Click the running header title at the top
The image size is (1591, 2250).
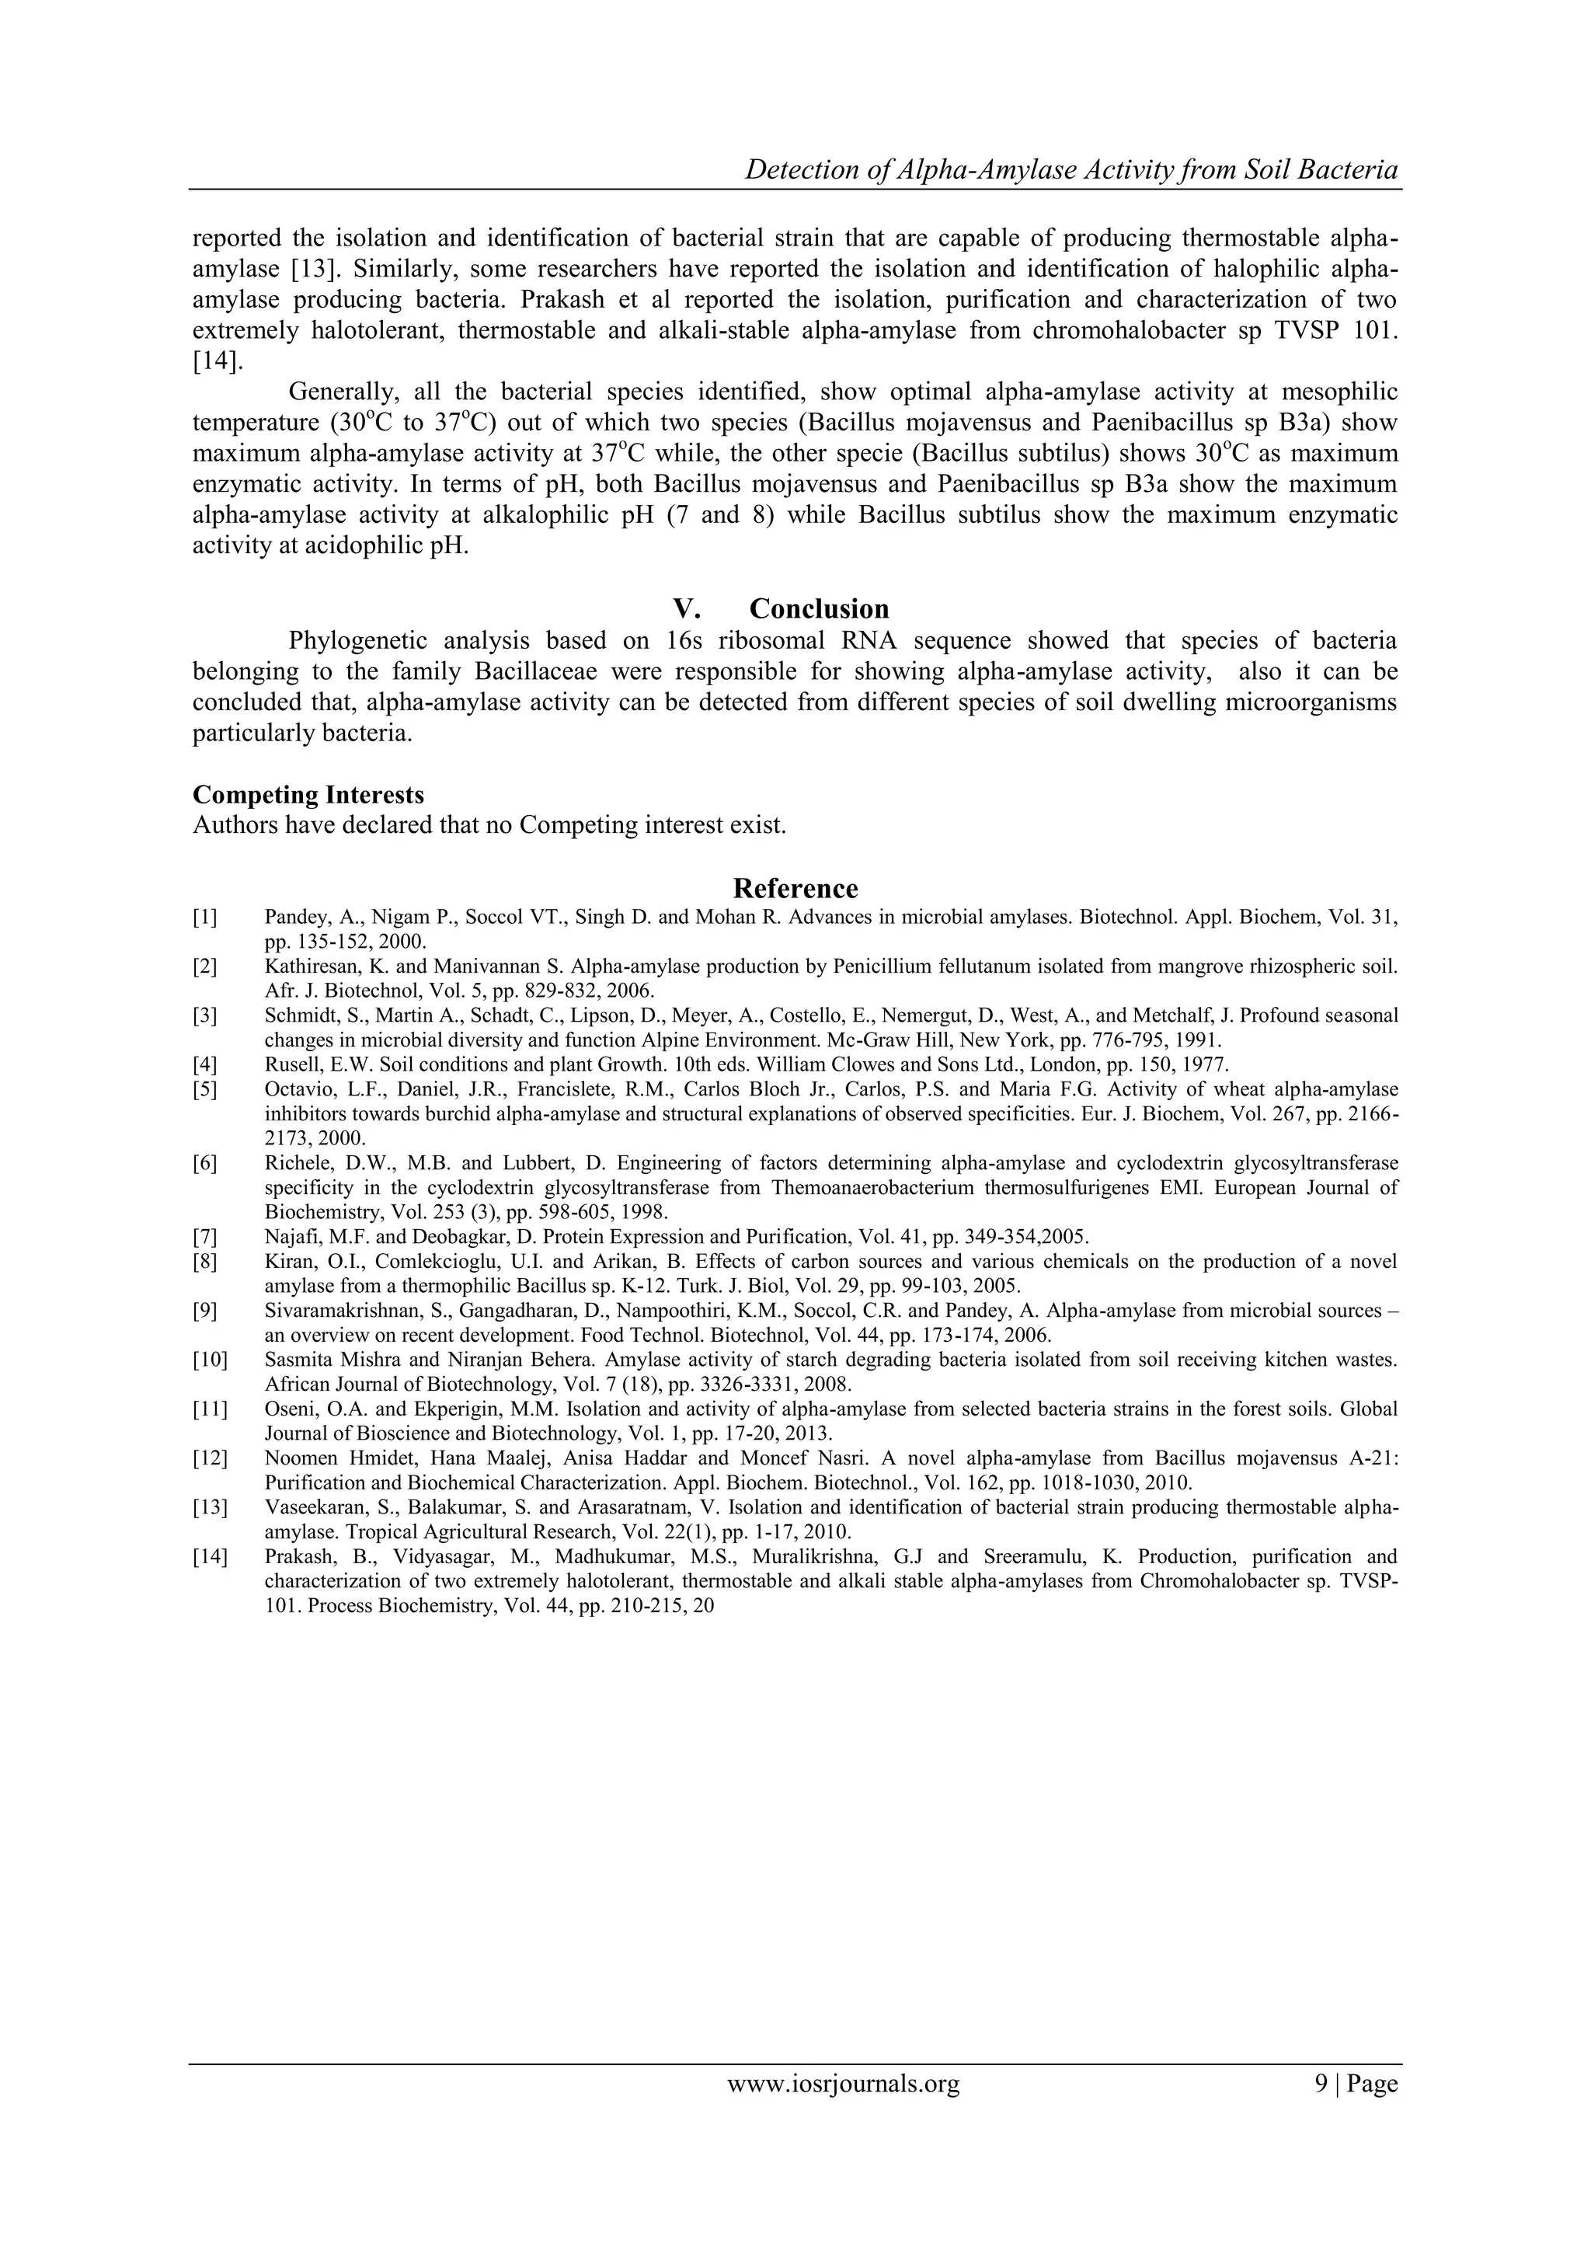pos(1071,169)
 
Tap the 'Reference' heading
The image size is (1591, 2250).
pos(795,888)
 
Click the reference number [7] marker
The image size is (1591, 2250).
pos(205,1237)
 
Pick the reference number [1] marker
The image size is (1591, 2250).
pos(205,918)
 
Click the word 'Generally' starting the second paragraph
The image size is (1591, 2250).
pos(343,393)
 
